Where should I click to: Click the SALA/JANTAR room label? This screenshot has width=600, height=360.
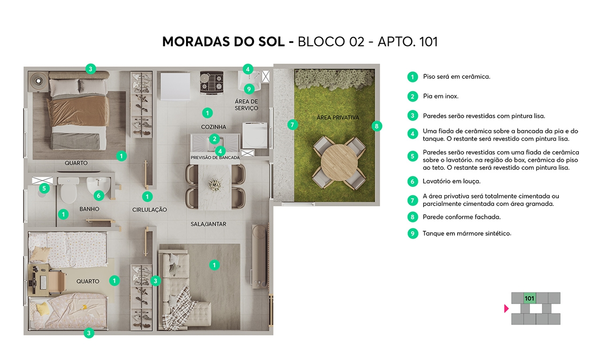pyautogui.click(x=208, y=224)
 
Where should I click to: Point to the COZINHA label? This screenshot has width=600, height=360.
pyautogui.click(x=214, y=127)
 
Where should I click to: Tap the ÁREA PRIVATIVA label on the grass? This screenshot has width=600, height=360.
pyautogui.click(x=338, y=117)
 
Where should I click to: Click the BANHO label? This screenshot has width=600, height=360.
pyautogui.click(x=89, y=209)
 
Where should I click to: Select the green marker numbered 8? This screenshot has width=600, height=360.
pyautogui.click(x=376, y=126)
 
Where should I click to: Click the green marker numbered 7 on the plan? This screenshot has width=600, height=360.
pyautogui.click(x=292, y=124)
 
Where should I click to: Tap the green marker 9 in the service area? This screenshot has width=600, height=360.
pyautogui.click(x=249, y=88)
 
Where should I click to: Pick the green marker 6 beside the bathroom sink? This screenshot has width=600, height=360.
pyautogui.click(x=98, y=195)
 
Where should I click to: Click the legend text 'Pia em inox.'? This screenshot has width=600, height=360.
pyautogui.click(x=440, y=96)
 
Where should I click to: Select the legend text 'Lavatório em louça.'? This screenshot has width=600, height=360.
pyautogui.click(x=451, y=181)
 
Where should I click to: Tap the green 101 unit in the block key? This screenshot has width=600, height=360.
pyautogui.click(x=530, y=298)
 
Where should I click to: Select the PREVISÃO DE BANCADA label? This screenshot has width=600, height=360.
pyautogui.click(x=215, y=158)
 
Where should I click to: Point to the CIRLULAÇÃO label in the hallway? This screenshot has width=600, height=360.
pyautogui.click(x=149, y=210)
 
